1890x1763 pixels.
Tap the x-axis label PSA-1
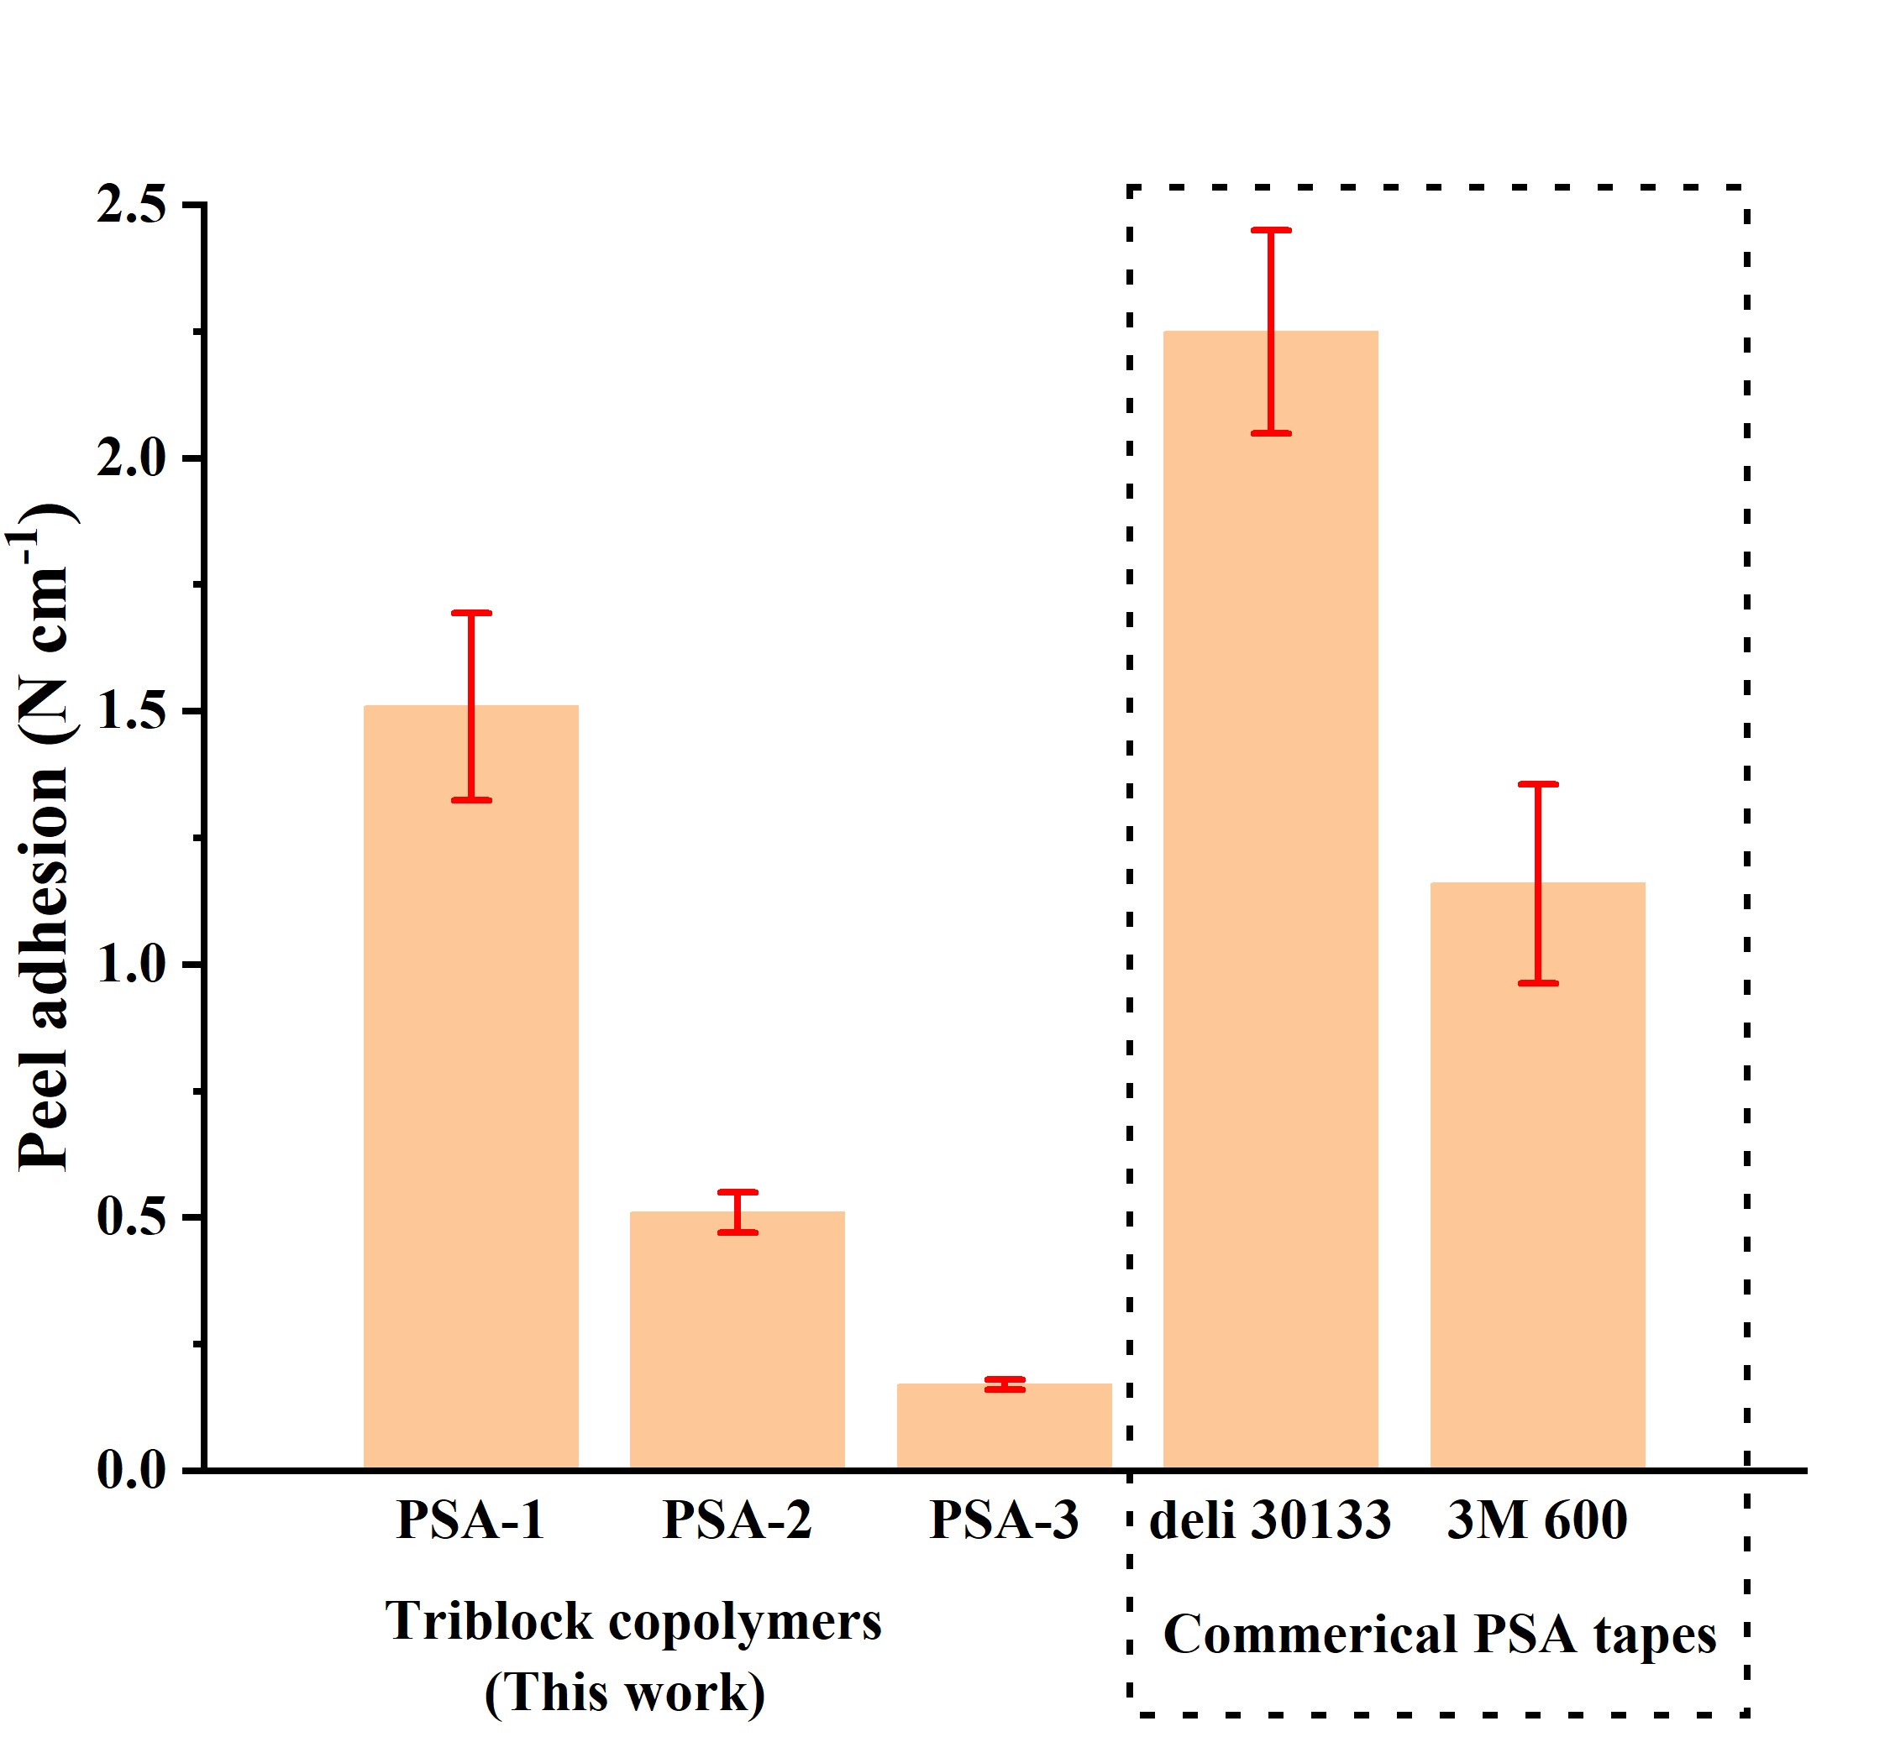[x=470, y=1520]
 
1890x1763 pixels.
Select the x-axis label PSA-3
[x=1004, y=1520]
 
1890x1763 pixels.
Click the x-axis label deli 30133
[x=1270, y=1520]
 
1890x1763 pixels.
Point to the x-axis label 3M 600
[x=1537, y=1520]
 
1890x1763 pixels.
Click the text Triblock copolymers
[x=633, y=1621]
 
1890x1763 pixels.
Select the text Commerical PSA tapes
[x=1440, y=1635]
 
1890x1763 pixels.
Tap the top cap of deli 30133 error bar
[x=1270, y=230]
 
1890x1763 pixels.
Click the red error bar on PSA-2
[x=737, y=1211]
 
